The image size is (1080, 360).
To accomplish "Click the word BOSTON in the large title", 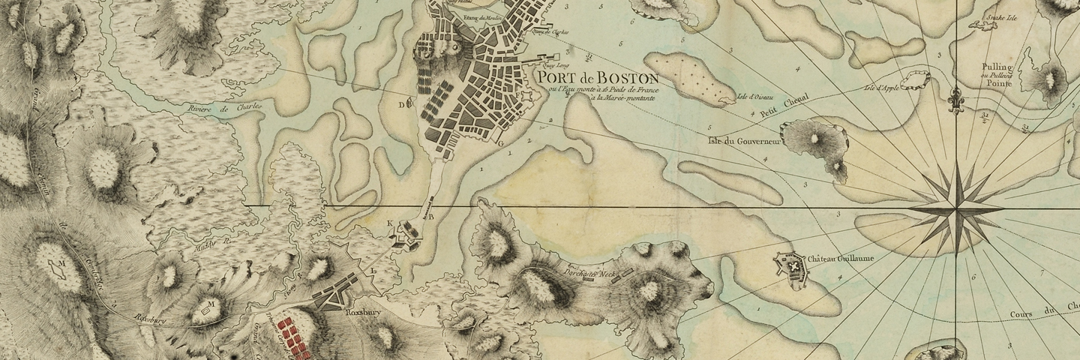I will (622, 78).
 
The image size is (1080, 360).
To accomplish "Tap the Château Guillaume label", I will (836, 259).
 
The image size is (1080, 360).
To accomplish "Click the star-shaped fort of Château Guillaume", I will (789, 265).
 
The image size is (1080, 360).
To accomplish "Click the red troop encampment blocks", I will (292, 334).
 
